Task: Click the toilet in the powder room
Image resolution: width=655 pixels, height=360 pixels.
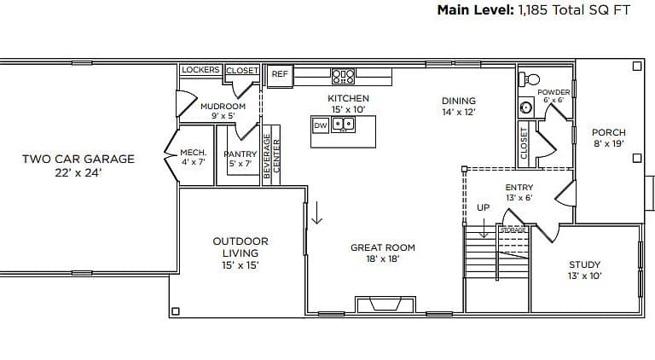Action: (x=529, y=79)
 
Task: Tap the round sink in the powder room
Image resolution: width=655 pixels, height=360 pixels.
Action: (x=526, y=107)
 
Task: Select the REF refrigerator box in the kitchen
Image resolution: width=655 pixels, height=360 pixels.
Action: (x=280, y=76)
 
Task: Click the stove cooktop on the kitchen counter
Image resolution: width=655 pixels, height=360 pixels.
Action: (x=344, y=77)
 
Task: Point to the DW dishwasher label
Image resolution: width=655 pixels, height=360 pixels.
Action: (x=321, y=125)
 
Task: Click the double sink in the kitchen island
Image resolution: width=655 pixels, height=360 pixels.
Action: (x=343, y=125)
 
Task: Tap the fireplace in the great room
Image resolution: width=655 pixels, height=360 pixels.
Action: (x=385, y=304)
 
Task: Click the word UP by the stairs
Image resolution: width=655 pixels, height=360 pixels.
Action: (x=484, y=207)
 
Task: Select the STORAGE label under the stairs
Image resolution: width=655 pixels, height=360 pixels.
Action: (x=513, y=230)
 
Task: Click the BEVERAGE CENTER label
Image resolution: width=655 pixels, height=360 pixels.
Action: (x=271, y=156)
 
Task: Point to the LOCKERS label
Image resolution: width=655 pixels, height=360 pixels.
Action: (x=200, y=70)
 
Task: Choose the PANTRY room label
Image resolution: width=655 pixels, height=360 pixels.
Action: (x=241, y=154)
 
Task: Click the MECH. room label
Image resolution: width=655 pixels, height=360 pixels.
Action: (x=193, y=153)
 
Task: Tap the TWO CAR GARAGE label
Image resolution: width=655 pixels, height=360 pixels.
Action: (x=78, y=159)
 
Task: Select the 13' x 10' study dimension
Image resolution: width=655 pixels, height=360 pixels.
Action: (x=584, y=276)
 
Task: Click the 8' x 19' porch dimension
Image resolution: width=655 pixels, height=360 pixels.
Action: (x=609, y=143)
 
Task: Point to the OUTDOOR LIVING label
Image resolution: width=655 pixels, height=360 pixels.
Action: (x=241, y=247)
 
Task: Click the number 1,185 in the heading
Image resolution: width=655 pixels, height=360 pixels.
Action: (x=532, y=10)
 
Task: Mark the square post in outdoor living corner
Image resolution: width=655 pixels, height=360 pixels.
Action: (x=176, y=311)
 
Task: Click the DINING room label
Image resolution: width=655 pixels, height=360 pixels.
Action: (x=459, y=101)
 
